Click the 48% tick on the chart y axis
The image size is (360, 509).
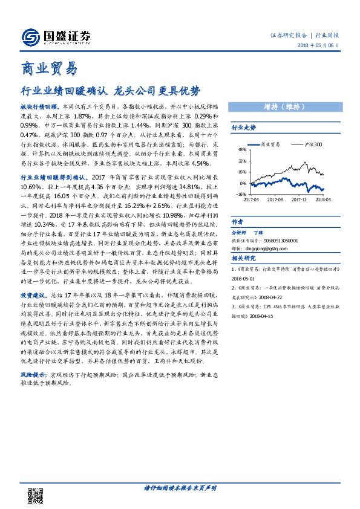tap(241, 150)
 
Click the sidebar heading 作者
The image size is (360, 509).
tap(238, 222)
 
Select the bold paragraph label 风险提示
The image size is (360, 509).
tap(34, 375)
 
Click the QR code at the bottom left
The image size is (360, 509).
tap(37, 495)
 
